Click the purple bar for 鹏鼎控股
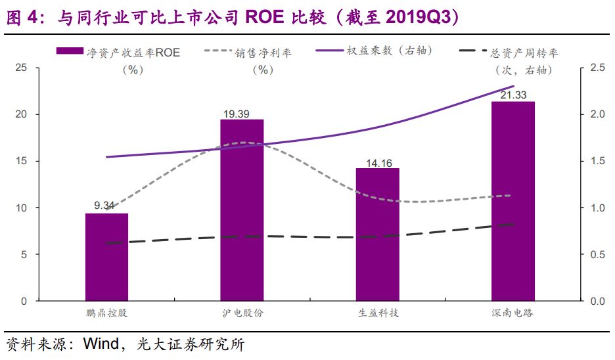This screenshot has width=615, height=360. tap(106, 257)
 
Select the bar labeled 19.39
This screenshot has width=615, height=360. tap(242, 210)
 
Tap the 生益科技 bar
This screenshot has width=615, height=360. tap(378, 235)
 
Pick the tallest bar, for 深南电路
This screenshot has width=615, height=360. tap(513, 201)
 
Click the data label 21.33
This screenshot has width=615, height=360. tap(513, 95)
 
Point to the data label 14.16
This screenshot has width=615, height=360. tap(379, 163)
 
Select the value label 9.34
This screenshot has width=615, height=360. tap(104, 206)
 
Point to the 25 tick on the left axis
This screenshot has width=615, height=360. tap(21, 68)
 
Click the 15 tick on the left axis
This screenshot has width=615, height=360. tap(21, 161)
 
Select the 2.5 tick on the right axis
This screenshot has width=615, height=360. tap(598, 68)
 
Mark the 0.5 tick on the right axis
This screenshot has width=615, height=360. tap(598, 254)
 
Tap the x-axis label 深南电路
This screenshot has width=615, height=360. tap(512, 313)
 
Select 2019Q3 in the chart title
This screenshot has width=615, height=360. tap(418, 17)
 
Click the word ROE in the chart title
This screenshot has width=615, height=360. tap(265, 17)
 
